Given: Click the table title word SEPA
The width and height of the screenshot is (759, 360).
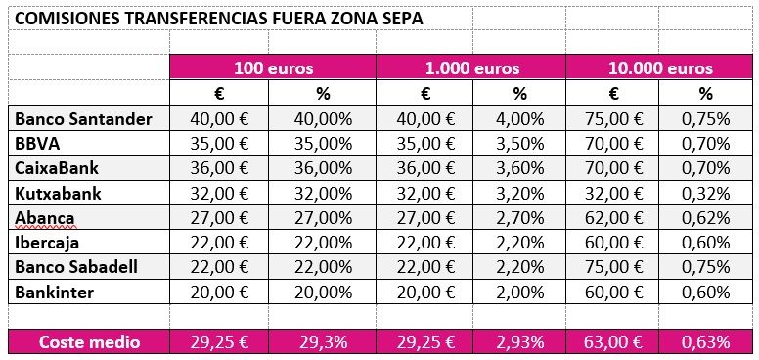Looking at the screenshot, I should tap(402, 18).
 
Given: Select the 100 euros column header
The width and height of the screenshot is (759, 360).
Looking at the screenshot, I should tap(274, 68).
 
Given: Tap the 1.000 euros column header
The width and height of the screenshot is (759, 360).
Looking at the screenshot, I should tap(472, 68).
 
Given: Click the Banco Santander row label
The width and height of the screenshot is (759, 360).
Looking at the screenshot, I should tap(83, 119).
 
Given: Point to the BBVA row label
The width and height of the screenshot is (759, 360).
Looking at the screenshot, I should tap(36, 144).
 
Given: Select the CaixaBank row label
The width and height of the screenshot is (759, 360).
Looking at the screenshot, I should tap(57, 168).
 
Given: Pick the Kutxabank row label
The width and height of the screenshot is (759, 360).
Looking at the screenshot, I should tap(59, 193).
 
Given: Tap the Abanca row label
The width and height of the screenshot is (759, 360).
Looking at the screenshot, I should tap(45, 217).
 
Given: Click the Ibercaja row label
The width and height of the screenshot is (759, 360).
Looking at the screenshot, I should tap(47, 242).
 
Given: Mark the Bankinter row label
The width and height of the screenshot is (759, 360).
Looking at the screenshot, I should tap(54, 292).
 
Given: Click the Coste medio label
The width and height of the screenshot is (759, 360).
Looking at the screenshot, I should tap(89, 341).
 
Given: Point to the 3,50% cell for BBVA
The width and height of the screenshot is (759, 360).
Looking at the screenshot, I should tap(520, 144).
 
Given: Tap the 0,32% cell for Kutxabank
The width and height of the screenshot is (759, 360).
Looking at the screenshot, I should tap(706, 193).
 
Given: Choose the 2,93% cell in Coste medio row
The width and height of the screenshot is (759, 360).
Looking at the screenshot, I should tap(520, 341).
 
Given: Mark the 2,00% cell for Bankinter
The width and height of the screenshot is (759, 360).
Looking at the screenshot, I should tap(520, 292).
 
